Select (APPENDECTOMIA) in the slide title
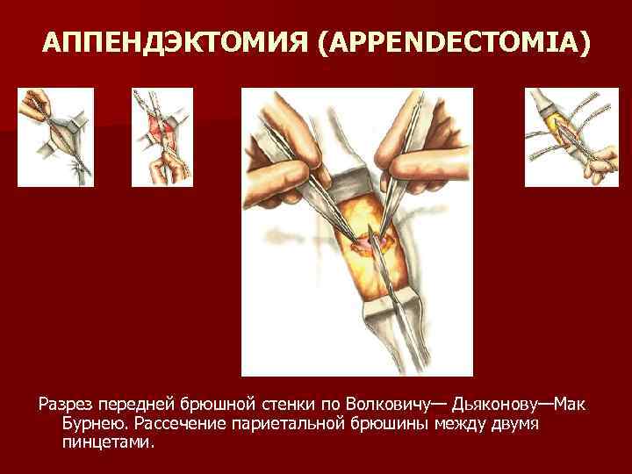454,43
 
